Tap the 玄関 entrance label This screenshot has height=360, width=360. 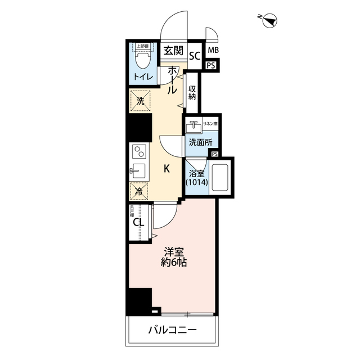tap(173, 51)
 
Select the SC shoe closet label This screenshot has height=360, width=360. tap(195, 56)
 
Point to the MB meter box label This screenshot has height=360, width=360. tap(212, 51)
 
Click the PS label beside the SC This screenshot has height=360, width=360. tap(210, 66)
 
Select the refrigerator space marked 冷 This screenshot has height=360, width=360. tap(139, 190)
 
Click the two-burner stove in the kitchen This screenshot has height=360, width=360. tap(138, 151)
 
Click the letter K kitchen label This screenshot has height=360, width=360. tap(166, 168)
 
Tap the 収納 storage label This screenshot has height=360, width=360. tap(192, 92)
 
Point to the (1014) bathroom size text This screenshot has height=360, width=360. tap(196, 183)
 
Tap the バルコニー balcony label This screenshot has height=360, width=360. tap(173, 330)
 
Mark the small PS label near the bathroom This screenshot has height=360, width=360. tap(214, 154)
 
